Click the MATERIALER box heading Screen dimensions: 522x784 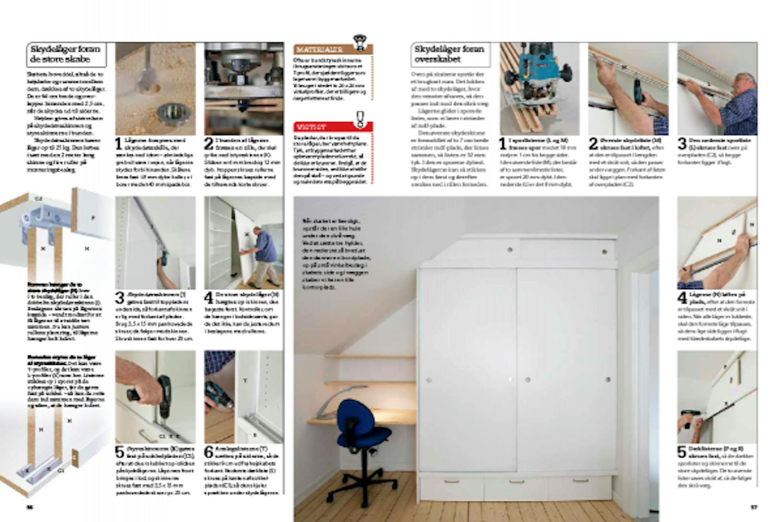(319, 50)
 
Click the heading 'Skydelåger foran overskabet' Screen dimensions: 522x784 (449, 54)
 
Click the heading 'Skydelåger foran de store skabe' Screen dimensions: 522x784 (65, 54)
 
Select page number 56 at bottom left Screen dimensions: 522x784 (30, 506)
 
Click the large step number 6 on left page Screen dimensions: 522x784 (209, 452)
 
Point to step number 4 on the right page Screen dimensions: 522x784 (682, 298)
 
